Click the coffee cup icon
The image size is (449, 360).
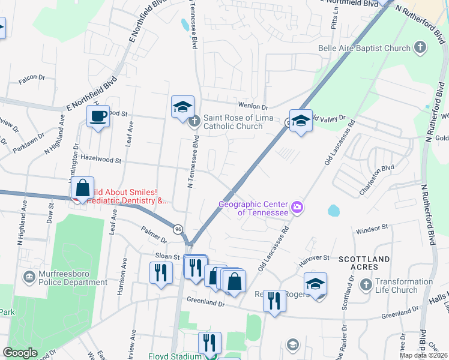click(x=97, y=116)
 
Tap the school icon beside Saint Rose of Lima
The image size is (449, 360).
click(x=182, y=107)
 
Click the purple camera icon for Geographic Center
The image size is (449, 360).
click(x=297, y=208)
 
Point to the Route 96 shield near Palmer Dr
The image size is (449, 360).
click(x=178, y=229)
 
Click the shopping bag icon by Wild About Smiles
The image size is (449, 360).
click(x=82, y=188)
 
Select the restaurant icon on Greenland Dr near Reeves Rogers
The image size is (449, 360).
click(x=274, y=300)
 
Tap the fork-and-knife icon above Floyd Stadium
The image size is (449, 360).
click(x=209, y=343)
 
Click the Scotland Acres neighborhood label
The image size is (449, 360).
click(x=365, y=262)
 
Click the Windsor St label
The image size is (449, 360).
click(x=373, y=229)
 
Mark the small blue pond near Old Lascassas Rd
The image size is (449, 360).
click(x=333, y=211)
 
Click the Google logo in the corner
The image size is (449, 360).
click(x=20, y=353)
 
